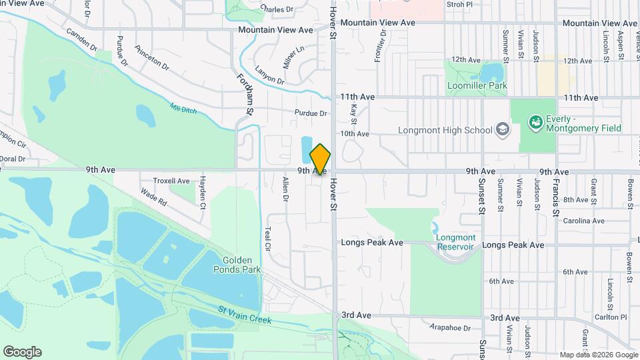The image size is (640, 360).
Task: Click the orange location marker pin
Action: tap(321, 159)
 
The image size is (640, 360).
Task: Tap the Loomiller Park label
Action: tap(479, 85)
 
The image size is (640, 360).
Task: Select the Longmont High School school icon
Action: tap(503, 130)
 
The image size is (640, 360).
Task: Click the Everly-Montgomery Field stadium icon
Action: tap(535, 123)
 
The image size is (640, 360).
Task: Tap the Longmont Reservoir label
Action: tap(457, 242)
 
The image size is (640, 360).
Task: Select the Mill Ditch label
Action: tap(183, 109)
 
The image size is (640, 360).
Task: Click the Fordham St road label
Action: tap(244, 93)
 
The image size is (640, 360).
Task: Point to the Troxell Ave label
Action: tap(171, 181)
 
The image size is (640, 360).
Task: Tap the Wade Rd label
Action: tap(153, 196)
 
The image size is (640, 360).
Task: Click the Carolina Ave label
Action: tap(583, 221)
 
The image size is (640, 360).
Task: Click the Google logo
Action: tap(22, 352)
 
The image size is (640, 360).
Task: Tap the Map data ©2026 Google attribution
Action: tap(598, 355)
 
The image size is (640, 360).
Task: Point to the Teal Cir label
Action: tap(268, 237)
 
